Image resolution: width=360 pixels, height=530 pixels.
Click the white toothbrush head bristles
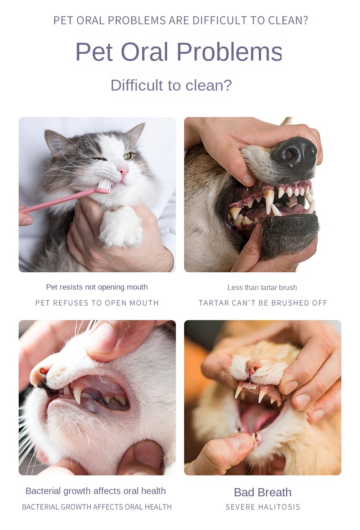click(104, 184)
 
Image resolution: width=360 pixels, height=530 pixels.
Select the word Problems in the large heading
click(229, 52)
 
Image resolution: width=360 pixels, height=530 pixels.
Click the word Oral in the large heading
click(144, 52)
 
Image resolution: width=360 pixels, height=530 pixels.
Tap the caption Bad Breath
click(262, 493)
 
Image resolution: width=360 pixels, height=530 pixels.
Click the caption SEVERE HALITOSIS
click(263, 507)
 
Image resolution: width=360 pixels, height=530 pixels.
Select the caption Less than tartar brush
click(262, 288)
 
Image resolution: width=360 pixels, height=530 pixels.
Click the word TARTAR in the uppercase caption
click(211, 303)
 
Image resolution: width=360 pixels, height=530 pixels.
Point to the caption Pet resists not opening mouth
click(97, 287)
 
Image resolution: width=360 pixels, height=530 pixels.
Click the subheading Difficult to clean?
click(171, 85)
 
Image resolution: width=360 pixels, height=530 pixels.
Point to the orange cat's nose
click(253, 367)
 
